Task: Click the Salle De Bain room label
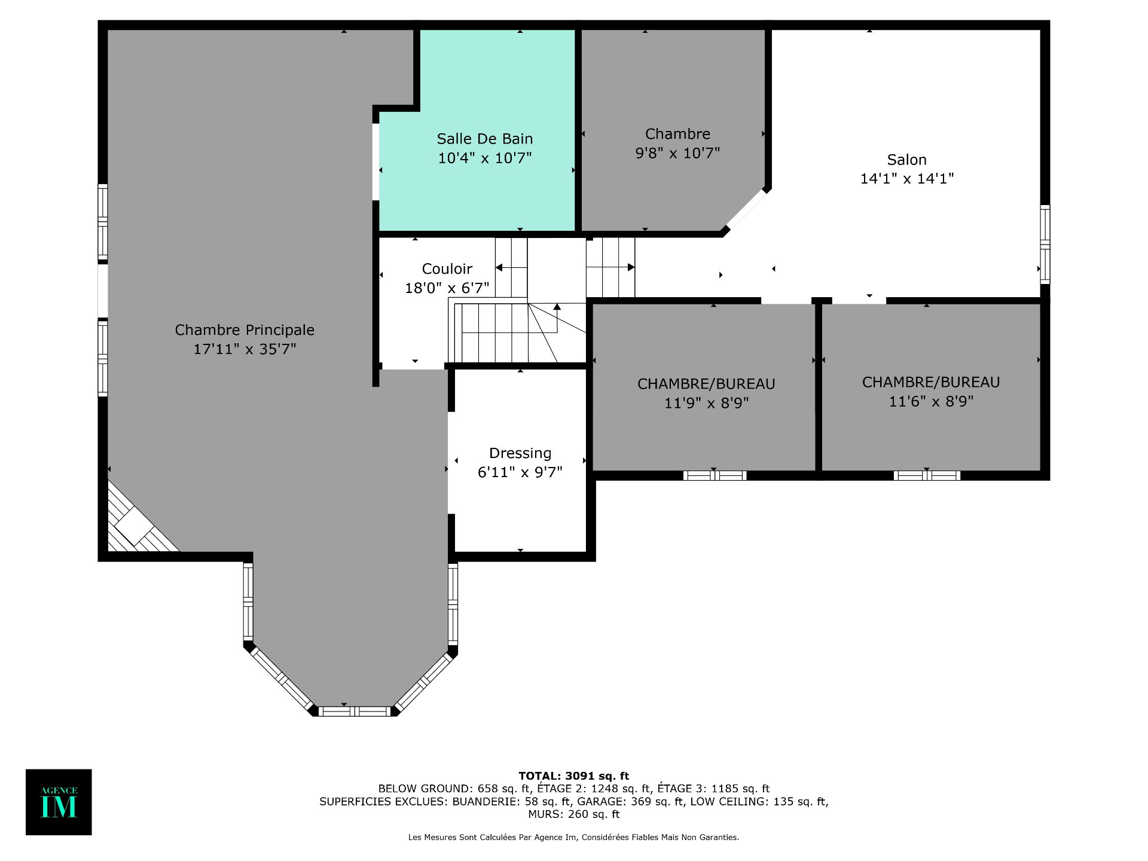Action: coord(484,139)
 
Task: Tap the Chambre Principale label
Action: coord(245,329)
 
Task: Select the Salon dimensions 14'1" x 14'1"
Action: coord(906,178)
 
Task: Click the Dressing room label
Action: coord(520,453)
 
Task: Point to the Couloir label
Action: coord(447,269)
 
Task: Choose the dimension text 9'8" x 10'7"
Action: coord(677,153)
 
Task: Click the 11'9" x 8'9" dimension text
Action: coord(706,403)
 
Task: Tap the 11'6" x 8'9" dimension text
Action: coord(931,401)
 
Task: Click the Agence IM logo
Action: coord(59,802)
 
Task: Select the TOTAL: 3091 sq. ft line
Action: coord(574,776)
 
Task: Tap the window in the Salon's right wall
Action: coord(1045,244)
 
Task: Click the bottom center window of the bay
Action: coord(355,712)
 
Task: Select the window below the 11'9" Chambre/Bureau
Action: coord(715,476)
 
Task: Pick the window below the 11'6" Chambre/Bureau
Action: coord(927,476)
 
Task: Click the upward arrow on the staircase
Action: coord(557,317)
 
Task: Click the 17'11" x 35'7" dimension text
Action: coord(245,349)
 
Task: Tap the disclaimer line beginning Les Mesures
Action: coord(573,837)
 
